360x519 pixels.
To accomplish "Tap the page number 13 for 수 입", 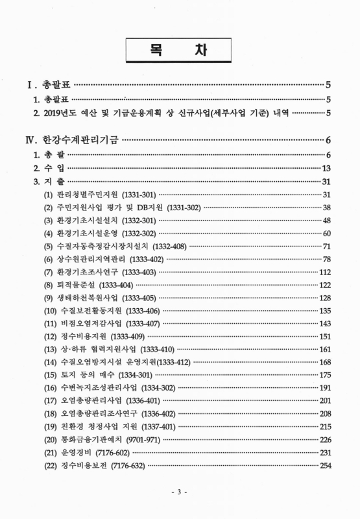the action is pyautogui.click(x=327, y=168).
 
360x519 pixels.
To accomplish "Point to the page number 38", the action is pyautogui.click(x=327, y=208).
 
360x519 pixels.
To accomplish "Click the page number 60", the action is pyautogui.click(x=327, y=234).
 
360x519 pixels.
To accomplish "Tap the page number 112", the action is pyautogui.click(x=325, y=272).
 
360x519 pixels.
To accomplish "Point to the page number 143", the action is pyautogui.click(x=325, y=324).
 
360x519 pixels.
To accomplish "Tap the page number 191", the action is pyautogui.click(x=325, y=388).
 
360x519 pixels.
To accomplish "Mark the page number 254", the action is pyautogui.click(x=325, y=465).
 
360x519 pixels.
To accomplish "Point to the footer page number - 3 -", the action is pyautogui.click(x=179, y=493).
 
